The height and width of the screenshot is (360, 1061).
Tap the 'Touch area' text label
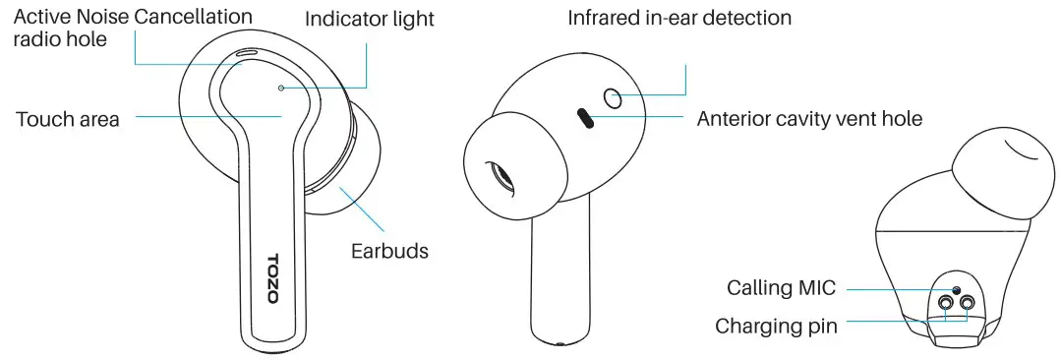tap(68, 120)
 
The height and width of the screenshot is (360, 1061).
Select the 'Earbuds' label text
tap(389, 251)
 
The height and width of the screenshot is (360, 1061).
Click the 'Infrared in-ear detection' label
tap(679, 19)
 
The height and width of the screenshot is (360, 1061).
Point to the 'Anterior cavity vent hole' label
tap(809, 120)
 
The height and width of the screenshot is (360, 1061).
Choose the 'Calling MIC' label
tap(781, 288)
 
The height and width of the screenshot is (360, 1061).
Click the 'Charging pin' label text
tap(776, 326)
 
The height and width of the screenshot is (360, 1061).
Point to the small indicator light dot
tap(281, 88)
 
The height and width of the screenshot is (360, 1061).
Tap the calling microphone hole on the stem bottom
tap(956, 290)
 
